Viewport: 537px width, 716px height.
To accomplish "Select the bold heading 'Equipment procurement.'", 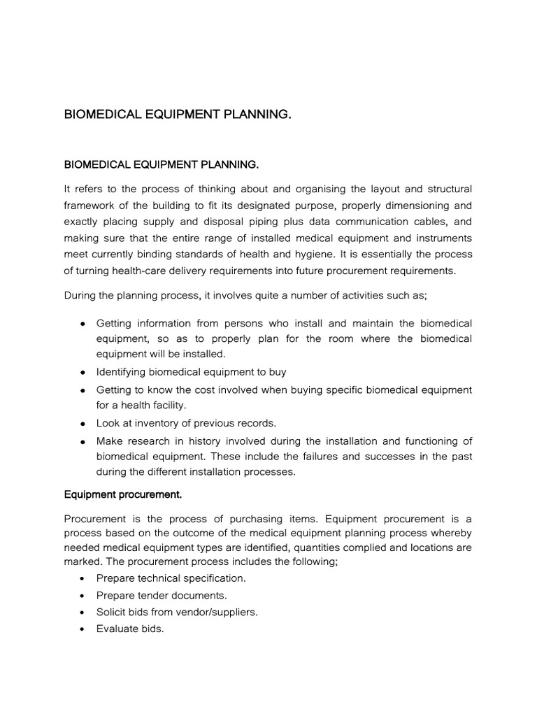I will [123, 494].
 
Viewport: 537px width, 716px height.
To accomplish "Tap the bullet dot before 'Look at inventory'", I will [83, 424].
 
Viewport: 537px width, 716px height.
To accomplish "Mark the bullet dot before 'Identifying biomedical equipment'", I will [83, 372].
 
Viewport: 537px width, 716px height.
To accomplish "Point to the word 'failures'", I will [322, 456].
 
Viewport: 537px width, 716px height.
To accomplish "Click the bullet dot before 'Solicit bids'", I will [83, 613].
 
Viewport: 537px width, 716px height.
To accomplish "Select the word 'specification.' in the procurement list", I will [213, 578].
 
